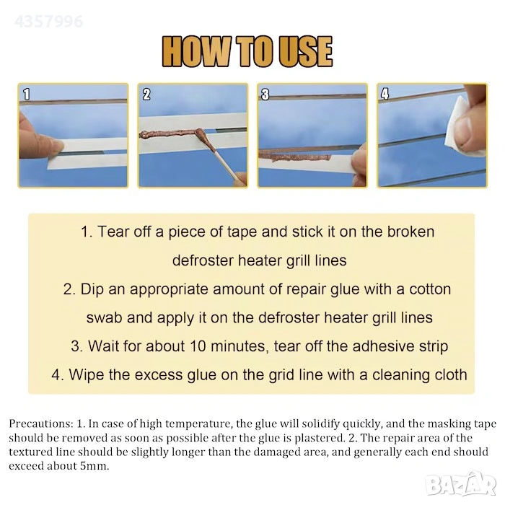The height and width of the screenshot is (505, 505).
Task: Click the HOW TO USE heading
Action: click(x=247, y=51)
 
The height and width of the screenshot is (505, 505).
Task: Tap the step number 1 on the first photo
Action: click(x=27, y=95)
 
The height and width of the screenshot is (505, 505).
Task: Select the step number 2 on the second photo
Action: click(x=146, y=95)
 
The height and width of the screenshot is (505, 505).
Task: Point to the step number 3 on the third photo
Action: click(x=265, y=95)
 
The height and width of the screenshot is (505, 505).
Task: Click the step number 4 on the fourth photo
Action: click(x=385, y=94)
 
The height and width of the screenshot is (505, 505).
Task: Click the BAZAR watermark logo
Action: click(x=460, y=484)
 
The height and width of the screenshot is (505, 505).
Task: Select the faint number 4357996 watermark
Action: click(x=48, y=22)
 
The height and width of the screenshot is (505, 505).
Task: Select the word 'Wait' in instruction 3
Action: click(x=104, y=346)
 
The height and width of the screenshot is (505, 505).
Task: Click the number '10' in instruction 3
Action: click(x=198, y=346)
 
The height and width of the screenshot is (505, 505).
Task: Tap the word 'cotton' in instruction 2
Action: click(x=430, y=289)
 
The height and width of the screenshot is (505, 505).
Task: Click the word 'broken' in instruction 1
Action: click(x=410, y=232)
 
